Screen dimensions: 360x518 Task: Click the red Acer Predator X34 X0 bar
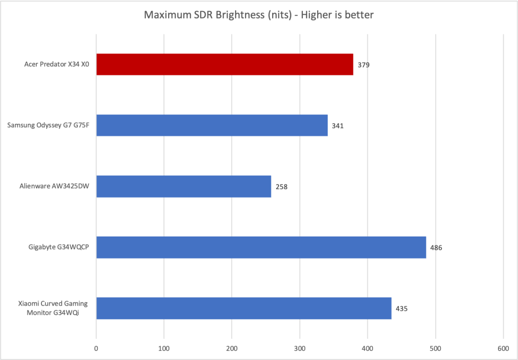click(225, 64)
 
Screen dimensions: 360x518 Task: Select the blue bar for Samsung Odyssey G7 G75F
click(212, 125)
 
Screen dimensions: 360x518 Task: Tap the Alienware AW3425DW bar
click(184, 186)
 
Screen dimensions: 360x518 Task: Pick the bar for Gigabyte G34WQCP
click(261, 247)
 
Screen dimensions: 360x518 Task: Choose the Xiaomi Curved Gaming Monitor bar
click(244, 308)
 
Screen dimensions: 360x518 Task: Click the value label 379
click(364, 65)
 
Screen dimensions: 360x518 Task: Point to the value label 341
click(338, 126)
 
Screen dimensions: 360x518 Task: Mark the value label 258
click(281, 187)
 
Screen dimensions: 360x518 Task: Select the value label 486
click(436, 248)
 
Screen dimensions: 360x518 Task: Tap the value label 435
click(402, 309)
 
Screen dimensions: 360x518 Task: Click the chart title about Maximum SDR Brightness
click(259, 15)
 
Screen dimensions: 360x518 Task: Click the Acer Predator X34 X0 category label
click(54, 65)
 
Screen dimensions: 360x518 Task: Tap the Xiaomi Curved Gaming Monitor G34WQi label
click(50, 308)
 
